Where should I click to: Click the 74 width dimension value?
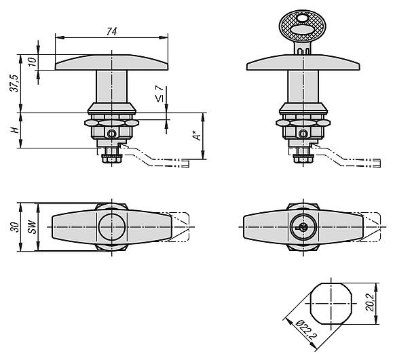coord(111,31)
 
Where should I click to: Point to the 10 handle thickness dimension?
coord(33,62)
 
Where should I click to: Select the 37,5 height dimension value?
coord(15,83)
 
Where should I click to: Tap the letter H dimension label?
coord(15,130)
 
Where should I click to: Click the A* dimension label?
coord(197,136)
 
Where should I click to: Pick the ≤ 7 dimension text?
coord(159,94)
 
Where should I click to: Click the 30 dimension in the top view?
coord(14,227)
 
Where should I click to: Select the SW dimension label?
coord(32,227)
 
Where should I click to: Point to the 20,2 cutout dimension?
coord(370,304)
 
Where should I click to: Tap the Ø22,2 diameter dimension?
coord(306,329)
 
